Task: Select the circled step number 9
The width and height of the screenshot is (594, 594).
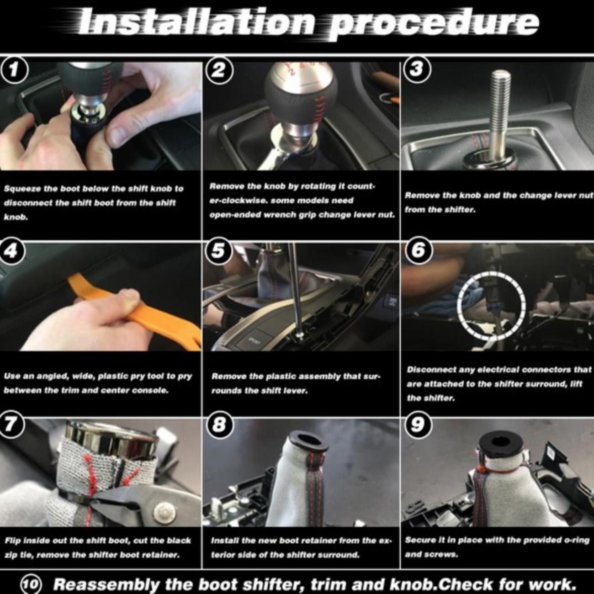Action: coord(416,425)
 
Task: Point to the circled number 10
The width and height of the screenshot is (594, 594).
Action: coord(31,584)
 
